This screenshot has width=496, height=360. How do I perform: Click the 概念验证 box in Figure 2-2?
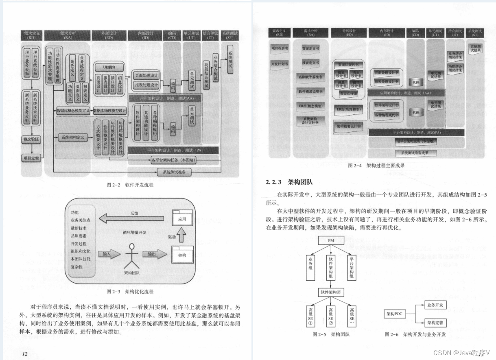32,140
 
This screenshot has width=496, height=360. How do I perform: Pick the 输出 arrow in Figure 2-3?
154,254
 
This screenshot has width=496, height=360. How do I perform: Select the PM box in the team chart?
331,241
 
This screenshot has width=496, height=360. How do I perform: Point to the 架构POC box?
395,314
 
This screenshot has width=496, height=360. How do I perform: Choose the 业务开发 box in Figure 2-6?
436,304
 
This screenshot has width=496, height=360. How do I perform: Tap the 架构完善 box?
436,323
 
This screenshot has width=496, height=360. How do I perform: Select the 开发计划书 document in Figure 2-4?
280,64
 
